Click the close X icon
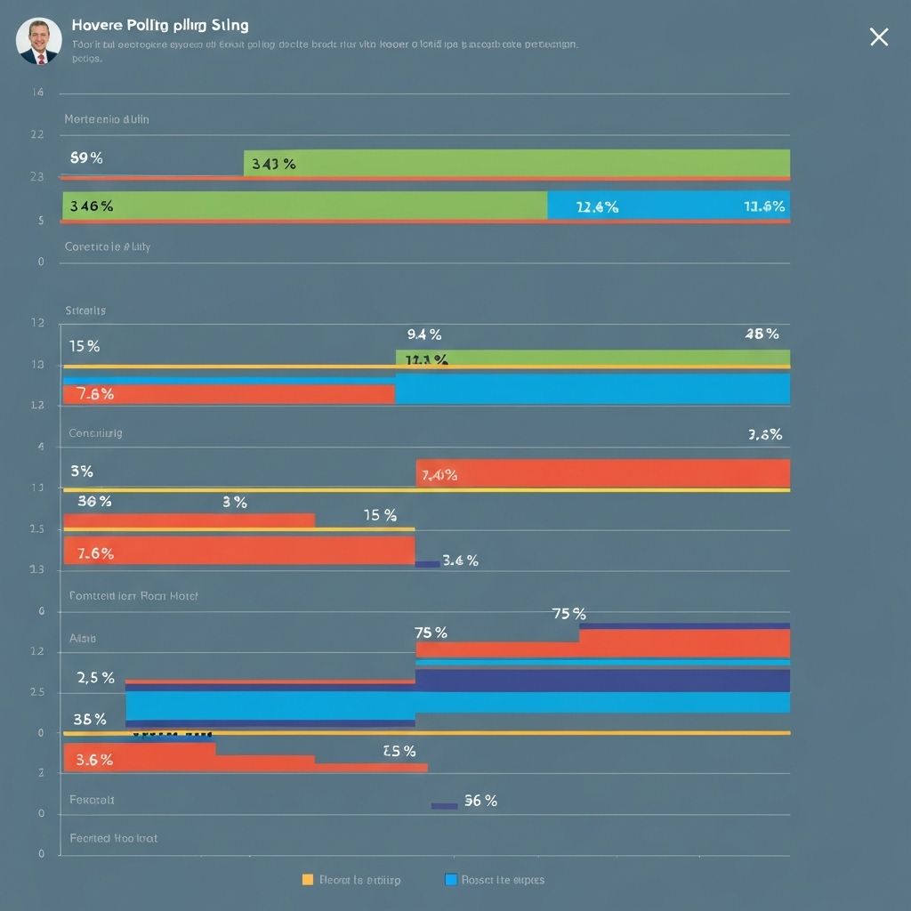click(x=878, y=36)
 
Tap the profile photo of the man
click(x=39, y=41)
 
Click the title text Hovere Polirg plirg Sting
click(x=159, y=25)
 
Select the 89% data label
click(x=86, y=158)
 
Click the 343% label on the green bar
click(x=273, y=164)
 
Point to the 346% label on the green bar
click(x=91, y=206)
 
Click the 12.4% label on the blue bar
click(x=597, y=207)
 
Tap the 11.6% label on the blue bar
click(x=764, y=206)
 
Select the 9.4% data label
click(x=424, y=335)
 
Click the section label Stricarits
click(x=85, y=310)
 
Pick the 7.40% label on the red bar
click(x=439, y=475)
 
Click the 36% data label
click(x=94, y=501)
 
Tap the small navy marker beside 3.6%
click(x=427, y=563)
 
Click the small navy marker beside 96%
click(x=444, y=806)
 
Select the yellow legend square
click(x=308, y=879)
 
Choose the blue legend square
click(x=450, y=879)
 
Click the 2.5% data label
click(x=96, y=678)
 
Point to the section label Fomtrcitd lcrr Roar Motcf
click(x=133, y=596)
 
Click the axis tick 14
click(x=37, y=93)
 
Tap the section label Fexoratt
click(x=92, y=800)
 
